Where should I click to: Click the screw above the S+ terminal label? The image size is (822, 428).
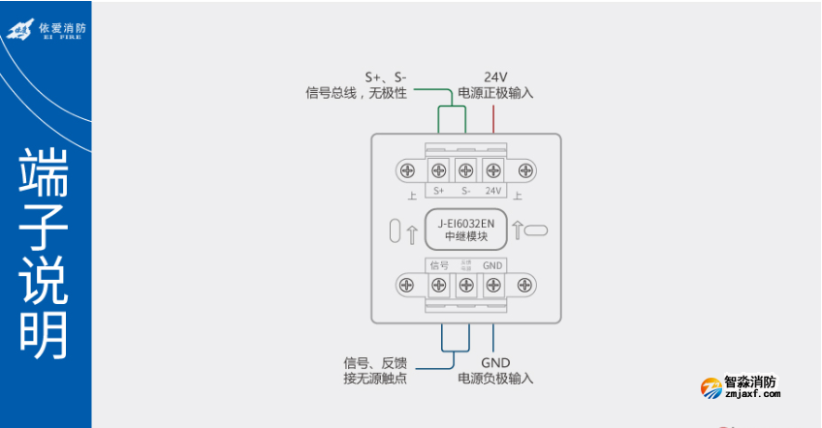coord(438,171)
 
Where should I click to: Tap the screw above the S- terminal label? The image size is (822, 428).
coord(466,171)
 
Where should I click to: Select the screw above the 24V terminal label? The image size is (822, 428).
coord(493,171)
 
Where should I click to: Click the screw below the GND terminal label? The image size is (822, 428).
coord(493,285)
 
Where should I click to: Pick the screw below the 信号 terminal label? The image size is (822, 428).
coord(438,285)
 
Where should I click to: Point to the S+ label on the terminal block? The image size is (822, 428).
coord(438,191)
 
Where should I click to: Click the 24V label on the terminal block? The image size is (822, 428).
coord(493,191)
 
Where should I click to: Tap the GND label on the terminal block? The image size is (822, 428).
coord(493,265)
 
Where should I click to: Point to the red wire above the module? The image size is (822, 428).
coord(493,118)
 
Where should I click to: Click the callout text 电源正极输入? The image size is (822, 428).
coord(495,93)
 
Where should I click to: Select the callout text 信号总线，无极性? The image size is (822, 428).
coord(356,93)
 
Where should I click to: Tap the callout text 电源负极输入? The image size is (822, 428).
coord(495,378)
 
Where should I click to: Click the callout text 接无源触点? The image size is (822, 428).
coord(375,378)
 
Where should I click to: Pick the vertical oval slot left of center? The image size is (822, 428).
coord(394,230)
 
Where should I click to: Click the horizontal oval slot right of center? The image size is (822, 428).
coord(537,230)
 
